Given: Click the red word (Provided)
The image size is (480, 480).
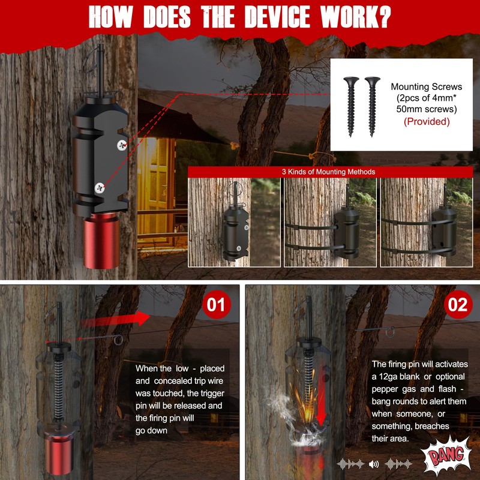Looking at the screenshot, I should [426, 121].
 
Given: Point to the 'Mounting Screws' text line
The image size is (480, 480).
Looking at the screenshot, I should [426, 87].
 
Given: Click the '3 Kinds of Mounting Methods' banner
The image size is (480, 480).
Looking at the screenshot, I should [328, 172].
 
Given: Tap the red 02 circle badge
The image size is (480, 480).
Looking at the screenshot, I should [457, 305].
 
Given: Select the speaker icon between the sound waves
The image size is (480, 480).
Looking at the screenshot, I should [374, 463].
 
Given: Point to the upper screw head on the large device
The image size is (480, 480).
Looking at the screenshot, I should [122, 143].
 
